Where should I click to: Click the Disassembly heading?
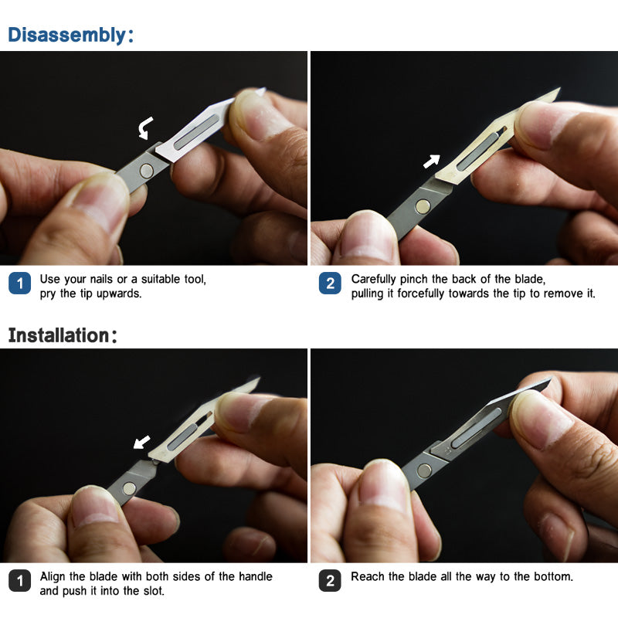pyautogui.click(x=70, y=35)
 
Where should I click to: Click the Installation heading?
pyautogui.click(x=63, y=335)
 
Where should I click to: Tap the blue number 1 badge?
pyautogui.click(x=20, y=283)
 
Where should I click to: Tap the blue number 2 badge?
pyautogui.click(x=331, y=283)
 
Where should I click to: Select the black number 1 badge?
pyautogui.click(x=20, y=581)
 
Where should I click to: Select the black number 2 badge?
pyautogui.click(x=331, y=581)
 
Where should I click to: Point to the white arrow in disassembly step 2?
pyautogui.click(x=432, y=161)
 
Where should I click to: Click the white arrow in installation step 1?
pyautogui.click(x=142, y=441)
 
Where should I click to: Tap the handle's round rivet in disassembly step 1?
pyautogui.click(x=147, y=171)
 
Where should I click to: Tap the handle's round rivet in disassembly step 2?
pyautogui.click(x=423, y=206)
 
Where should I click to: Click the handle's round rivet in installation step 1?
pyautogui.click(x=129, y=488)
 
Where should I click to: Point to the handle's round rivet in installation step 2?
pyautogui.click(x=424, y=470)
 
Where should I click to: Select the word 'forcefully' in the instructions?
pyautogui.click(x=421, y=294)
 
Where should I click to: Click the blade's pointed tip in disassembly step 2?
pyautogui.click(x=559, y=89)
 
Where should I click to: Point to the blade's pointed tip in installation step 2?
pyautogui.click(x=551, y=379)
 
